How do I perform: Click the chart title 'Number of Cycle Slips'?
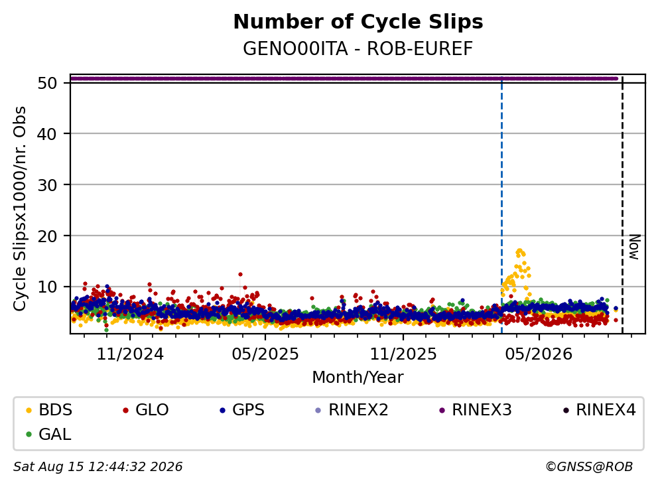[x=358, y=22]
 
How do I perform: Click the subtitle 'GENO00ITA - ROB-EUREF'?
[x=358, y=48]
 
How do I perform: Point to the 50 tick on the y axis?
[x=47, y=83]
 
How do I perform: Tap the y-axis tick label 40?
[x=47, y=134]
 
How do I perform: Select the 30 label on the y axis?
[x=47, y=185]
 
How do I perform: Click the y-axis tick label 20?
[x=47, y=236]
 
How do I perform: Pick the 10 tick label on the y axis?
[x=47, y=287]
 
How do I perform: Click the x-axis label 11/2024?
[x=130, y=354]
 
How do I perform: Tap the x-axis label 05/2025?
[x=265, y=354]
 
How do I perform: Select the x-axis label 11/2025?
[x=403, y=354]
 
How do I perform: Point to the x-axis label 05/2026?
[x=539, y=354]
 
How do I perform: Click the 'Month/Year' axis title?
[x=358, y=378]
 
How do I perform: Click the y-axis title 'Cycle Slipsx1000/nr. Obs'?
[x=19, y=208]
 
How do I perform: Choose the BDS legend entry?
[x=49, y=410]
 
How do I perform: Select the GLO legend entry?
[x=146, y=410]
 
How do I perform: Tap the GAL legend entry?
[x=48, y=434]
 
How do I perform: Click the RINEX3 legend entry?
[x=476, y=410]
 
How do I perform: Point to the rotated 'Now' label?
[x=634, y=247]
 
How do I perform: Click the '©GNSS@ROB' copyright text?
[x=589, y=466]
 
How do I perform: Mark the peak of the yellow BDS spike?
[x=519, y=251]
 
